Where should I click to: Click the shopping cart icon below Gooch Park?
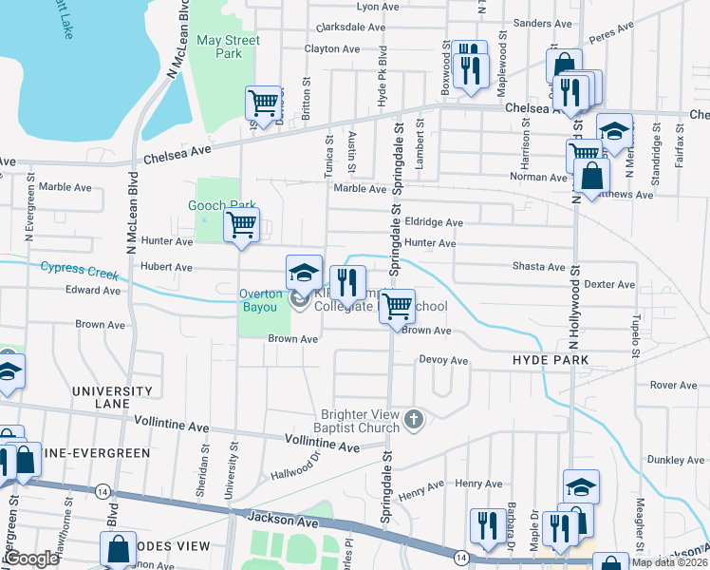(x=242, y=225)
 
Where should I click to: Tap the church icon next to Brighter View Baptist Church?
(x=413, y=419)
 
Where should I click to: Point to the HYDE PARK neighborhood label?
(x=551, y=361)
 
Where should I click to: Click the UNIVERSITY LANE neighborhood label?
(x=111, y=397)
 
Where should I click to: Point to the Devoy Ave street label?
(x=444, y=361)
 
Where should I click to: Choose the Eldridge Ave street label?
(x=433, y=222)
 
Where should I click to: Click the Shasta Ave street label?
(x=538, y=267)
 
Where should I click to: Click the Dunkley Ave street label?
(x=675, y=460)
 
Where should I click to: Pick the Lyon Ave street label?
(x=377, y=7)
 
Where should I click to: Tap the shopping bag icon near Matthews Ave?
(x=592, y=176)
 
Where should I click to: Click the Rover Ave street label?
(x=674, y=385)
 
